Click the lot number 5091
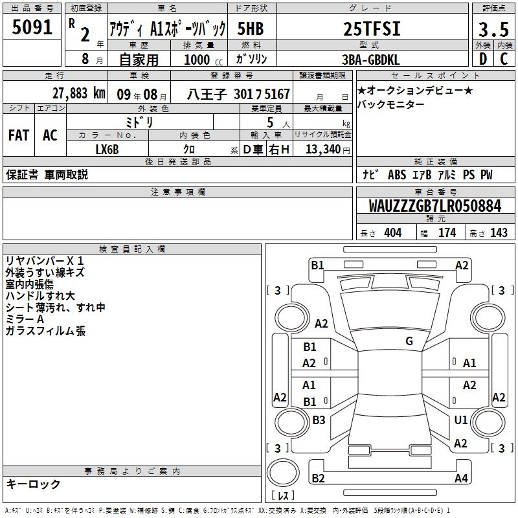[x=32, y=27]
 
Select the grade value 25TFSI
[x=372, y=28]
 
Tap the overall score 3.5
[x=493, y=29]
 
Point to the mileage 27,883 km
[x=79, y=93]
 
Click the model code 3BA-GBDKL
[x=370, y=60]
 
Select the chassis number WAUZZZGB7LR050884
[x=435, y=205]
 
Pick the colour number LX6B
[x=107, y=150]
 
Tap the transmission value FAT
[x=19, y=135]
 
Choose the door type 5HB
[x=251, y=28]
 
